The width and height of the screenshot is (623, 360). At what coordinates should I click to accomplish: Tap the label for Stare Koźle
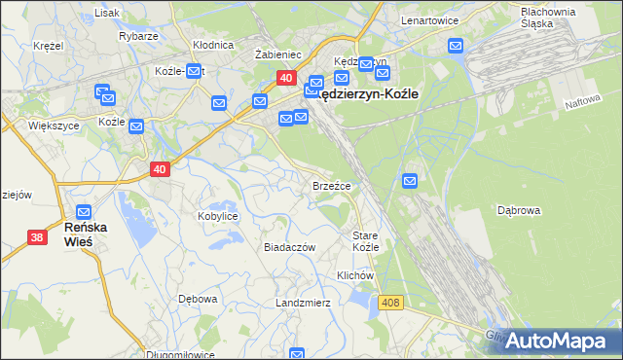pos(365,241)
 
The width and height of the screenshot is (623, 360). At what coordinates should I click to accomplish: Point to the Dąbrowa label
pos(519,209)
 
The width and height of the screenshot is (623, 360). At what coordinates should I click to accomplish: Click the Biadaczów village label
pos(290,247)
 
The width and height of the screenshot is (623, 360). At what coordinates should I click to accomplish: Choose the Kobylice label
pos(218,216)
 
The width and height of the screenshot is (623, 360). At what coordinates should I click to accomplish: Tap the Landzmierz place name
pos(304,303)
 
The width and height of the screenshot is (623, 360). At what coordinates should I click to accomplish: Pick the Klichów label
pos(355,275)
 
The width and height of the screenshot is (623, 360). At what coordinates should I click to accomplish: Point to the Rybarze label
pos(139,36)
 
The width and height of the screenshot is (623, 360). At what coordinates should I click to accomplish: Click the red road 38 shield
pos(37,236)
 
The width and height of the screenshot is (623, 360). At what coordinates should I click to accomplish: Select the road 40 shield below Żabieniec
pos(285,78)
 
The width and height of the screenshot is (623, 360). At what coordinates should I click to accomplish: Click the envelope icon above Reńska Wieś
pos(85,211)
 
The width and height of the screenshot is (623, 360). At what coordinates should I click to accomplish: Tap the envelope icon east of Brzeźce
pos(410,180)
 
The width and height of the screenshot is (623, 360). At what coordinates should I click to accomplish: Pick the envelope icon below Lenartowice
pos(456,45)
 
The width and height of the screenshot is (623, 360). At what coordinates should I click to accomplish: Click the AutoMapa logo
pos(557,341)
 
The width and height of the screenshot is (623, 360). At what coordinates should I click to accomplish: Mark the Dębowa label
pos(198,299)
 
